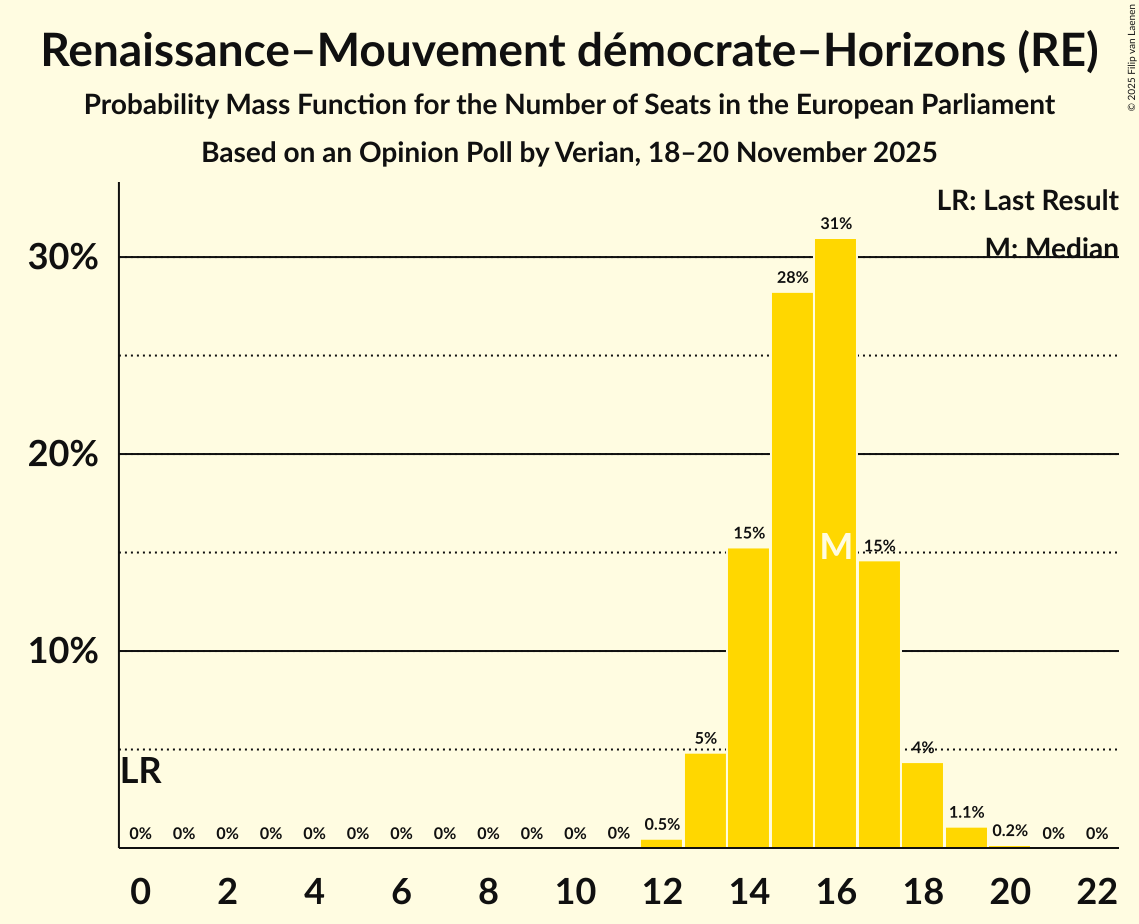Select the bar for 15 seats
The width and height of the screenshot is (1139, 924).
[x=792, y=570]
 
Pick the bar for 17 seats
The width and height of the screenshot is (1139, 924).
[x=879, y=704]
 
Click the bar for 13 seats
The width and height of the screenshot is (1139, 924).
[x=705, y=800]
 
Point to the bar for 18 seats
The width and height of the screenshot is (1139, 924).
[x=922, y=805]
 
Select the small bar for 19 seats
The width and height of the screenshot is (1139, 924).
[x=966, y=838]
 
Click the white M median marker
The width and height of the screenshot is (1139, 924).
[x=836, y=546]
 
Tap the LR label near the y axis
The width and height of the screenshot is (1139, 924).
[x=141, y=771]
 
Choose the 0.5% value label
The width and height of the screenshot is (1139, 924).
[x=662, y=825]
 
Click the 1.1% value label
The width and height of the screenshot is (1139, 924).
[x=966, y=813]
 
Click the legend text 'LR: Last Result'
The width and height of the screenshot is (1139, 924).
[x=1027, y=201]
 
